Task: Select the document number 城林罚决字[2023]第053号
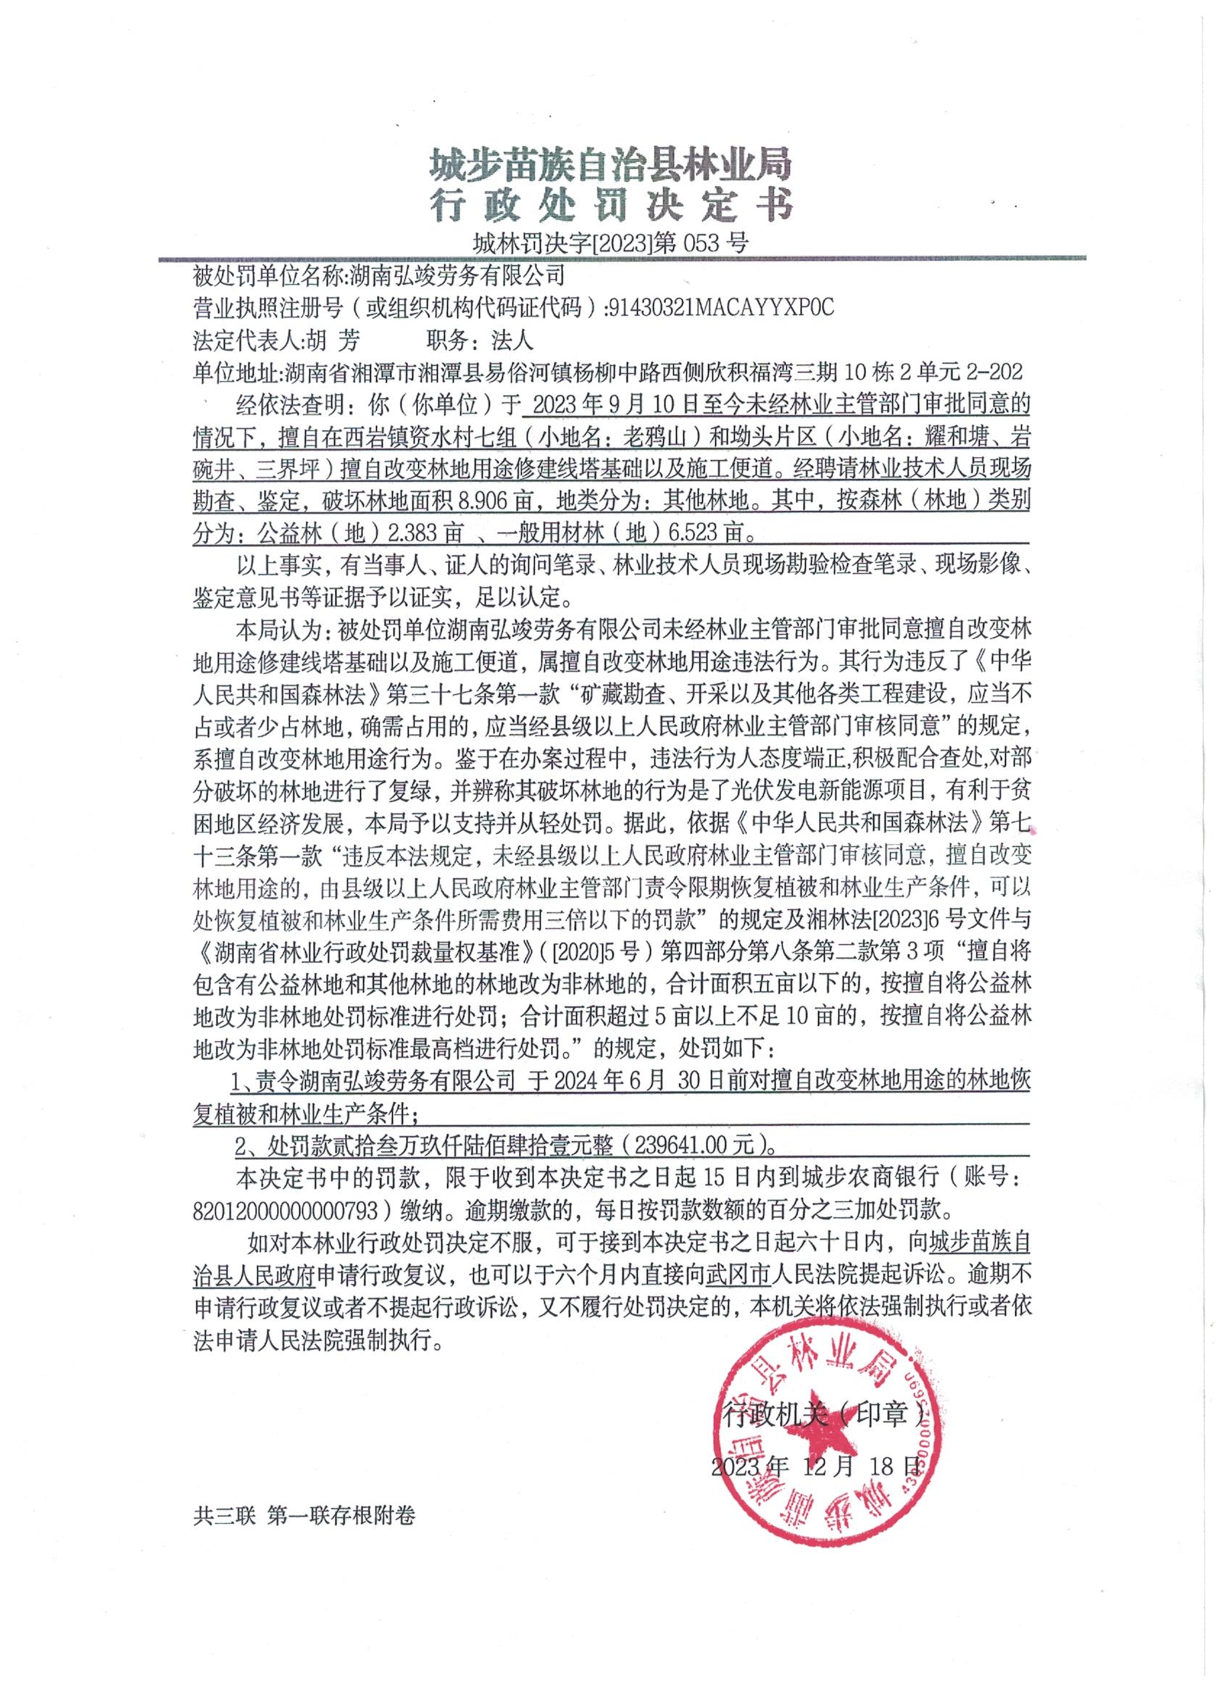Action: click(x=610, y=243)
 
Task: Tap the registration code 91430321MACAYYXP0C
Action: click(x=720, y=308)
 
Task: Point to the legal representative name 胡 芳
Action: click(x=332, y=341)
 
